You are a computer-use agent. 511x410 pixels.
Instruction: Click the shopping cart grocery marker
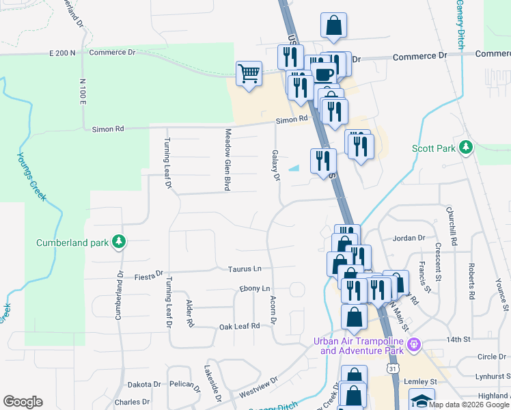(249, 72)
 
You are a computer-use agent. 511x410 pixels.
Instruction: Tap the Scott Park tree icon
(466, 147)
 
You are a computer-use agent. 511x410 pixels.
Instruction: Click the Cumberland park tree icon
(119, 242)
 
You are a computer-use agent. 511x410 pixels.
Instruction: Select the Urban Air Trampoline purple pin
(411, 343)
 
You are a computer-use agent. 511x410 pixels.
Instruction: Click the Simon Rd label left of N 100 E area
(109, 128)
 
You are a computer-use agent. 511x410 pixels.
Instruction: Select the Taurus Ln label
(245, 269)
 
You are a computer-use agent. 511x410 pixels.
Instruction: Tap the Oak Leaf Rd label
(239, 327)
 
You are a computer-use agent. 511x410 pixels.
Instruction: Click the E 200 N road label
(62, 53)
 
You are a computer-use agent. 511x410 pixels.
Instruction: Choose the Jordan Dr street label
(409, 238)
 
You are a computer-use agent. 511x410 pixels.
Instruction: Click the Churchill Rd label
(451, 219)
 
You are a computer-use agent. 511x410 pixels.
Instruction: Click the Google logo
(23, 402)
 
